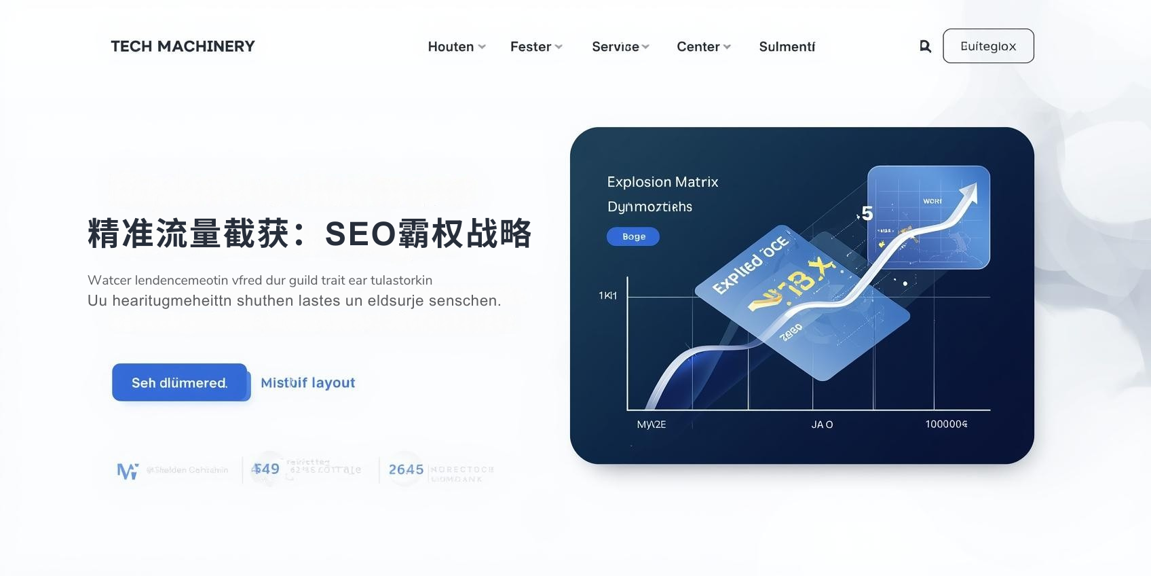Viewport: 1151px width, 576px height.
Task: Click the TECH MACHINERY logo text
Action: pyautogui.click(x=183, y=46)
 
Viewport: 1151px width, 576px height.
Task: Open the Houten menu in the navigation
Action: pyautogui.click(x=456, y=47)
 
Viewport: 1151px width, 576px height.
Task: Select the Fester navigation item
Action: pyautogui.click(x=536, y=47)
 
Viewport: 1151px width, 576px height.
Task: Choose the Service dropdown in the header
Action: pyautogui.click(x=620, y=47)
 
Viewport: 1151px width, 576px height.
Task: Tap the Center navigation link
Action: pyautogui.click(x=703, y=47)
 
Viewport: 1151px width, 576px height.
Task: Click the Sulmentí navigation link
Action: pyautogui.click(x=787, y=47)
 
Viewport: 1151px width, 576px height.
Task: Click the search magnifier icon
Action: pyautogui.click(x=925, y=46)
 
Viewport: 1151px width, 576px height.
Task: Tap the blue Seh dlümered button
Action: pyautogui.click(x=180, y=382)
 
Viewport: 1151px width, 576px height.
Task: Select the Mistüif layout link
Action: pyautogui.click(x=307, y=383)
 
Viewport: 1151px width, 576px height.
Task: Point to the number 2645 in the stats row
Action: pyautogui.click(x=406, y=469)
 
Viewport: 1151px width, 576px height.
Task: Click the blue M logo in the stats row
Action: pyautogui.click(x=128, y=470)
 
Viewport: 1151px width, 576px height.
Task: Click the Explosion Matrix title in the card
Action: pyautogui.click(x=662, y=182)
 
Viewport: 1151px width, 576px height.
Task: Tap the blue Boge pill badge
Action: pyautogui.click(x=633, y=236)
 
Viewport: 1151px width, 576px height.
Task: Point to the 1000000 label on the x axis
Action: pyautogui.click(x=946, y=424)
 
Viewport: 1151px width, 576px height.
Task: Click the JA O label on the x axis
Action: pyautogui.click(x=822, y=425)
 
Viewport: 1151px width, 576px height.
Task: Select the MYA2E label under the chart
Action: pyautogui.click(x=652, y=425)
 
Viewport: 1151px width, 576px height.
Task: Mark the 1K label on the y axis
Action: pyautogui.click(x=607, y=295)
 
